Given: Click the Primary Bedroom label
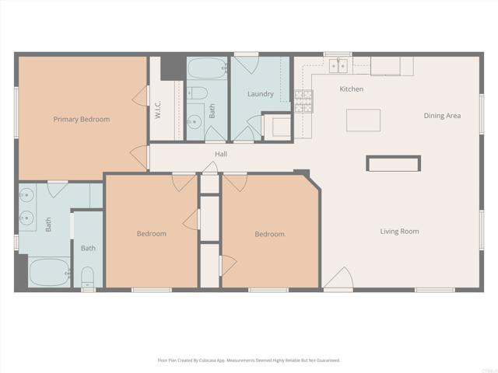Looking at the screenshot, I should (81, 120).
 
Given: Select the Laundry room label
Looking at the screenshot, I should (260, 94).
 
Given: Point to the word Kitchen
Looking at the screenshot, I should (352, 89).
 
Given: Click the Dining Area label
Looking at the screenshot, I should (442, 116).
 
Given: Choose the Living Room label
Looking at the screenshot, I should (399, 232).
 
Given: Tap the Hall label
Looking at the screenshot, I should (221, 155).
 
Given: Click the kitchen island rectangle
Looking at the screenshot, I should (363, 120).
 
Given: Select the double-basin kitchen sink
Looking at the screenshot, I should (338, 65).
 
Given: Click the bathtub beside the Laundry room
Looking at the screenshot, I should (205, 69).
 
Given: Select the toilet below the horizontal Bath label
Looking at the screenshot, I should (87, 277).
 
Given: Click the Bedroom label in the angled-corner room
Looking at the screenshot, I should (269, 234).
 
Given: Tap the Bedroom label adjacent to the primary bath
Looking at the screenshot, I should (151, 234).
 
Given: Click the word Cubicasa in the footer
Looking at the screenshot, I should (206, 361).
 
